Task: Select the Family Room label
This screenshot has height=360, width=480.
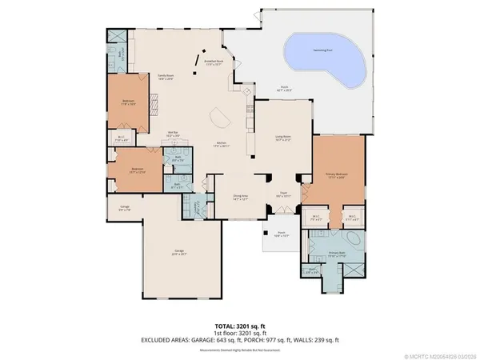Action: point(166,76)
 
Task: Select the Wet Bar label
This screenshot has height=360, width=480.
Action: point(171,134)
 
